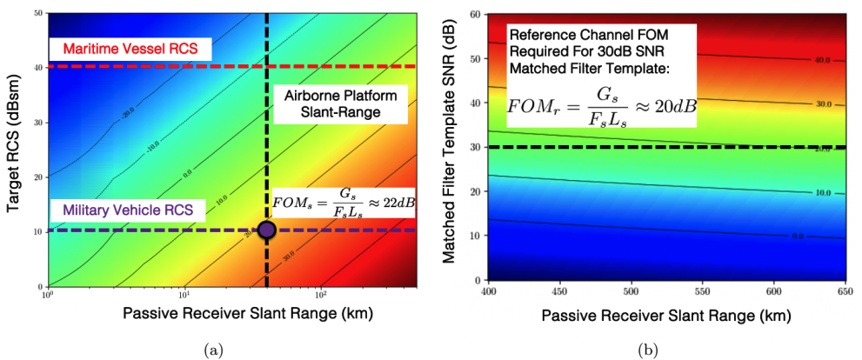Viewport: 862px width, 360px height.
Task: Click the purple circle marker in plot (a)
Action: tap(266, 230)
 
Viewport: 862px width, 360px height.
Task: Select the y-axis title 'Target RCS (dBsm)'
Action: tap(13, 149)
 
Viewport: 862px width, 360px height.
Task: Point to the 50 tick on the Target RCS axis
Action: tap(38, 14)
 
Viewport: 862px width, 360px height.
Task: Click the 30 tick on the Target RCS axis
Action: tap(38, 123)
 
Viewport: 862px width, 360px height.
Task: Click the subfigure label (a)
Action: tap(212, 349)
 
